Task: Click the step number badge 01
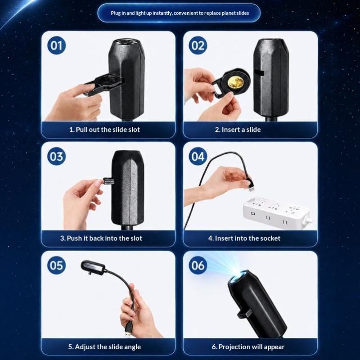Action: point(57,45)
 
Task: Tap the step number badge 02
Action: point(198,45)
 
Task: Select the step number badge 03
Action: point(57,156)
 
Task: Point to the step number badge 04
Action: point(198,156)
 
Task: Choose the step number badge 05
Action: point(57,265)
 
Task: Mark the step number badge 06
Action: point(198,265)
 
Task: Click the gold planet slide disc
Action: point(235,83)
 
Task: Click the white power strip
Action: point(277,213)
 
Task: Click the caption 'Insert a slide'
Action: point(238,130)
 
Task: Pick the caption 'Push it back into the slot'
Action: point(101,238)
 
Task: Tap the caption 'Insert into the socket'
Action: point(244,238)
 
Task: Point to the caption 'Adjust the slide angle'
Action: point(104,347)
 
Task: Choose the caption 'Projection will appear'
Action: point(248,347)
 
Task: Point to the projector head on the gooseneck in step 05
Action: point(93,268)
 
